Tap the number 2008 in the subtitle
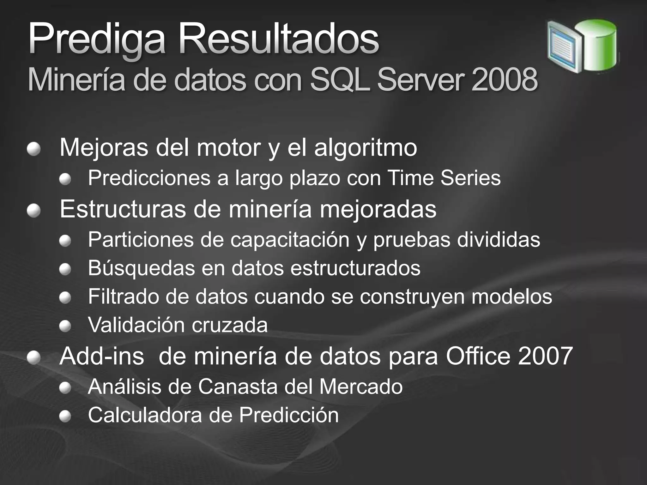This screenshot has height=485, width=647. pyautogui.click(x=505, y=80)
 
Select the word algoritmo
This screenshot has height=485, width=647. pyautogui.click(x=366, y=148)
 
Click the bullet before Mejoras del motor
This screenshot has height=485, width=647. pyautogui.click(x=33, y=149)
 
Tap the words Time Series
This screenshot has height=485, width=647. pyautogui.click(x=444, y=178)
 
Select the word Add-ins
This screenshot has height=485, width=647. pyautogui.click(x=101, y=356)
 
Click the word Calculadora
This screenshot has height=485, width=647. pyautogui.click(x=145, y=415)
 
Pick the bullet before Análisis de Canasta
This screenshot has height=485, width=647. pyautogui.click(x=65, y=387)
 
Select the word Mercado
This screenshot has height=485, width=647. pyautogui.click(x=361, y=386)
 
